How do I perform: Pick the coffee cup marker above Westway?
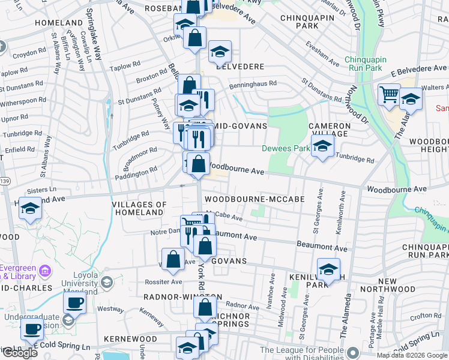74,302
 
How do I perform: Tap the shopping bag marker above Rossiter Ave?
173,259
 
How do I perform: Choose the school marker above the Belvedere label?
220,52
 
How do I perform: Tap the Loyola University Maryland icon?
107,281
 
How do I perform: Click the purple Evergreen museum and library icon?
44,272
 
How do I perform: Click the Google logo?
20,353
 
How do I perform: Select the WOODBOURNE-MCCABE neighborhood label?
254,199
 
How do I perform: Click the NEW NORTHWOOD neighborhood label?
387,286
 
